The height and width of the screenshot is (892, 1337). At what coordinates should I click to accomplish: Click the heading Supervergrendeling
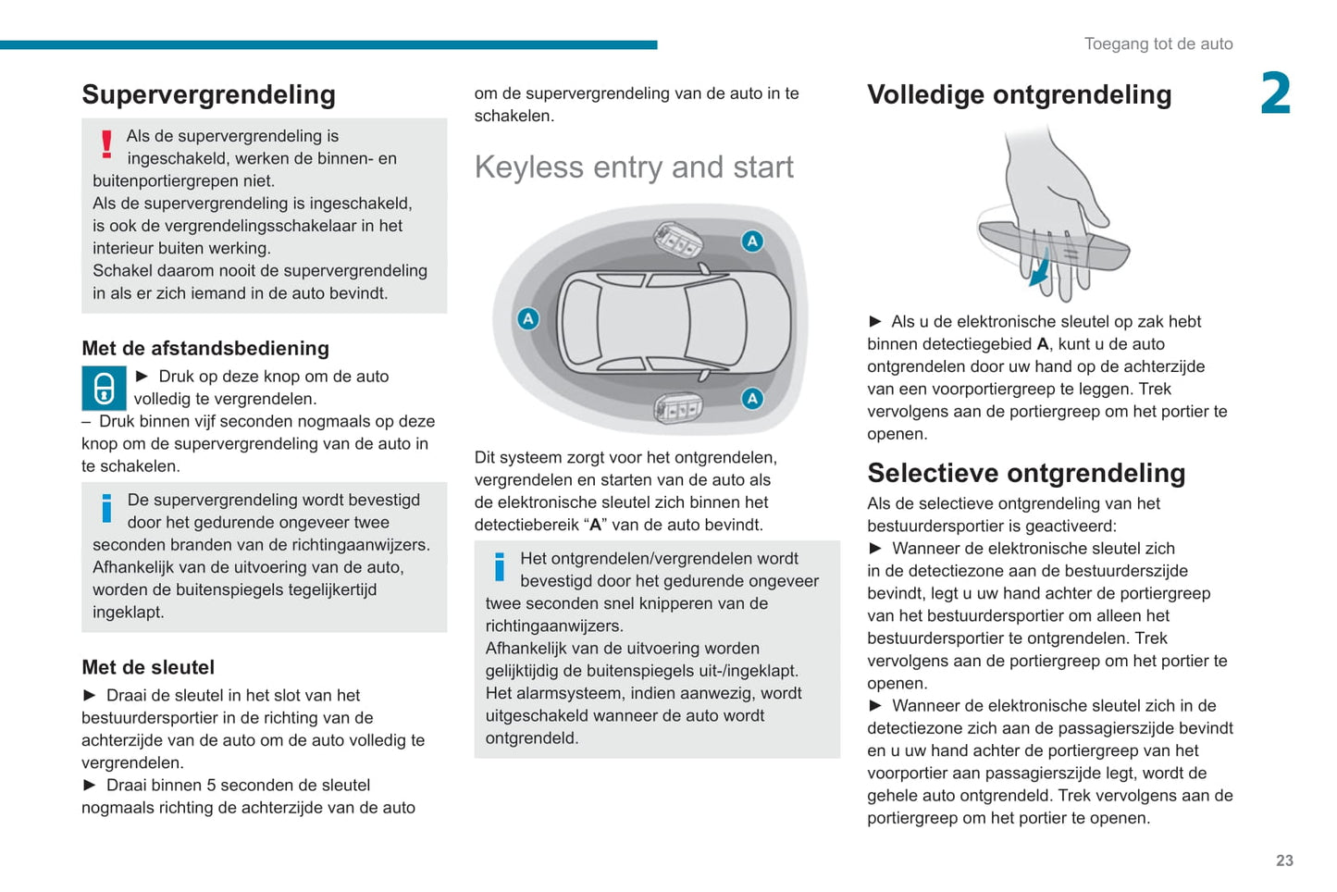(x=208, y=94)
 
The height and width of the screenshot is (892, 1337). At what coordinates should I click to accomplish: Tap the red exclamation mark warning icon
(x=106, y=143)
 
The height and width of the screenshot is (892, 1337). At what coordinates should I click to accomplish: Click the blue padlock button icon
(x=105, y=388)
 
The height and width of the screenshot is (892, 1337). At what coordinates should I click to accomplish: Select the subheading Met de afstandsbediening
(x=205, y=349)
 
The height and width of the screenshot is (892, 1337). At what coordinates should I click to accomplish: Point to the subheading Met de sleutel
(x=148, y=667)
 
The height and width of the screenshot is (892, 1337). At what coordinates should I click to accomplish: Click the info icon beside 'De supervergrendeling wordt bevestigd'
(x=106, y=508)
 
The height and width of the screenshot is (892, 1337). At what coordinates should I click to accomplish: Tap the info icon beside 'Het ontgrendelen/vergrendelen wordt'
(x=500, y=566)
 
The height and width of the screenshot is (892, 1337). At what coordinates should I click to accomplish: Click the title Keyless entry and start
(x=634, y=167)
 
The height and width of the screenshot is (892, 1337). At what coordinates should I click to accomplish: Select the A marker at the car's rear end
(x=527, y=319)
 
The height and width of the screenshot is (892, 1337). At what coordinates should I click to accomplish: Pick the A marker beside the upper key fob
(x=752, y=242)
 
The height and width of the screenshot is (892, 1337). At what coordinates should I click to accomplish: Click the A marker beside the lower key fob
(x=752, y=399)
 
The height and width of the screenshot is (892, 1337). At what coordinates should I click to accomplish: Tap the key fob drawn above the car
(x=677, y=241)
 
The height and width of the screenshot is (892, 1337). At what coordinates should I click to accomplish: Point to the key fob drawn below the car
(x=677, y=407)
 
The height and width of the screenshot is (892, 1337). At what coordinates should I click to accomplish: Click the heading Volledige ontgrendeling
(x=1019, y=94)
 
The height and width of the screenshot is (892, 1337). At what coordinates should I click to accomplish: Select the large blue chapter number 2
(x=1275, y=94)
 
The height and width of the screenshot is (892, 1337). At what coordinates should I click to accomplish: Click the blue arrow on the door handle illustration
(x=1042, y=269)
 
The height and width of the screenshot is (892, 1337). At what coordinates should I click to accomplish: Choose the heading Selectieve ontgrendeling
(x=1026, y=473)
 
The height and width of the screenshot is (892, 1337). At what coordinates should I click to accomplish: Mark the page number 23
(x=1284, y=861)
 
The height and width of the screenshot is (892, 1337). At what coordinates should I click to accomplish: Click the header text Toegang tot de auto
(x=1157, y=43)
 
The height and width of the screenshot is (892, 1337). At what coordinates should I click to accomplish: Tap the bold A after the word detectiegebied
(x=1042, y=344)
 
